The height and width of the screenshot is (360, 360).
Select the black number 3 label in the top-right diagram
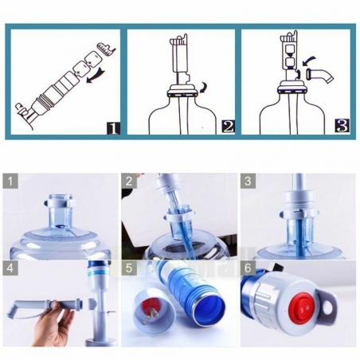coord(342,125)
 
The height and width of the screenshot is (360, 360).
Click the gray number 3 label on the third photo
coord(247,181)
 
